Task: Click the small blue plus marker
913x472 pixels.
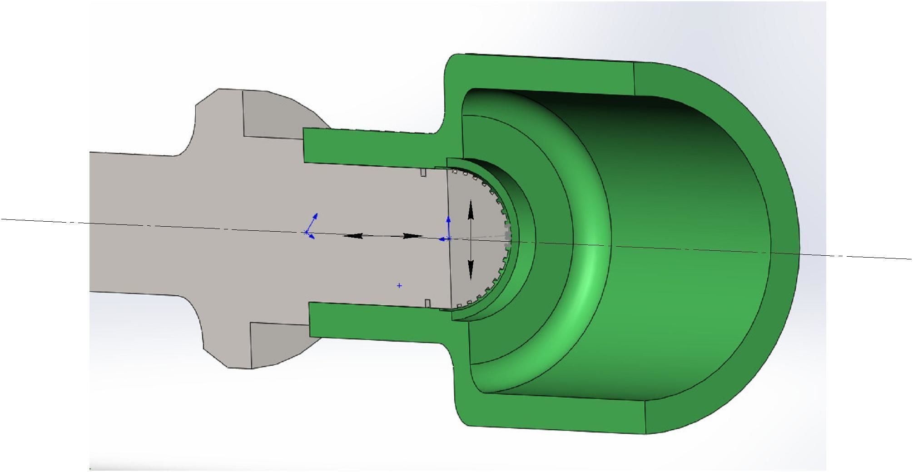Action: pyautogui.click(x=399, y=286)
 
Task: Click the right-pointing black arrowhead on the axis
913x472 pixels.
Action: pyautogui.click(x=413, y=236)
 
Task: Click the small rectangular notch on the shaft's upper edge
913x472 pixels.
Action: pyautogui.click(x=423, y=173)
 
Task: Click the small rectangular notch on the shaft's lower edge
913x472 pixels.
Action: pyautogui.click(x=427, y=303)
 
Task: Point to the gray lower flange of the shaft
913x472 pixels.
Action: pyautogui.click(x=277, y=343)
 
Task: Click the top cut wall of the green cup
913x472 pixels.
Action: pyautogui.click(x=545, y=75)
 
